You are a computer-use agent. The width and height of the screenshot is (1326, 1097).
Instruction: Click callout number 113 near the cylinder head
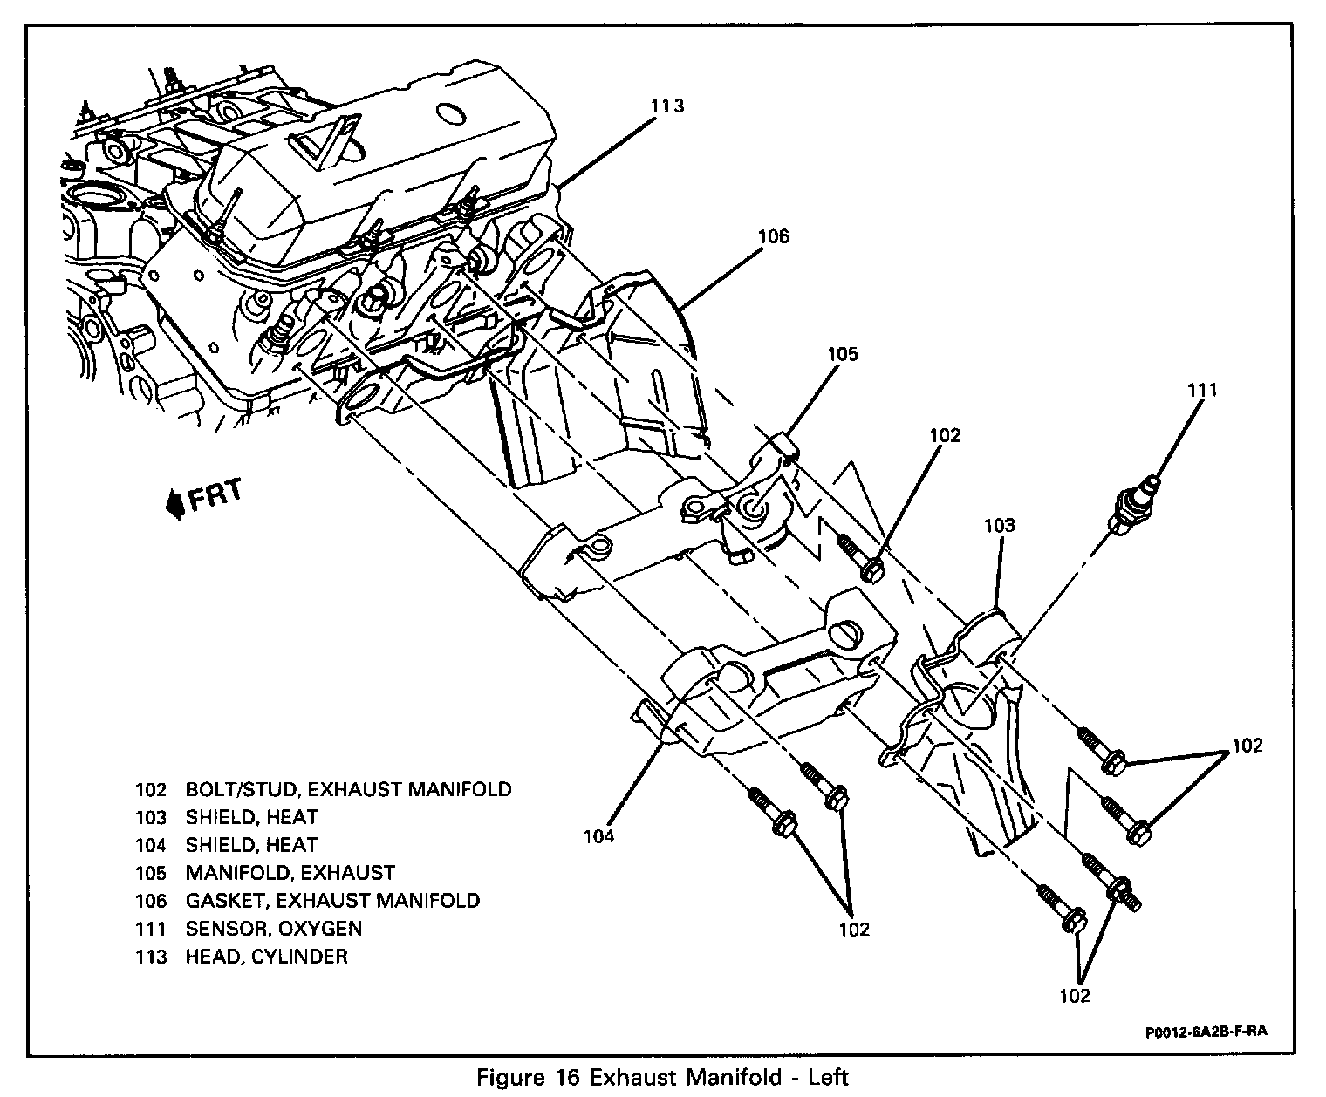coord(667,106)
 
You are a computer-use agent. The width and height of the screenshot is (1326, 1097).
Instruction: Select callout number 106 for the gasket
coord(773,236)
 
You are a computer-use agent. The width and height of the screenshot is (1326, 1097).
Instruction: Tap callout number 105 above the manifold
coord(843,354)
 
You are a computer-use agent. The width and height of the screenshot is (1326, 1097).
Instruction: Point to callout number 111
coord(1201,390)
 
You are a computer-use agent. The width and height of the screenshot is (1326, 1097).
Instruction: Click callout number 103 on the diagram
coord(1000,525)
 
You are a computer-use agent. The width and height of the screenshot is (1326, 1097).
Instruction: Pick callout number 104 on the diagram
coord(599,836)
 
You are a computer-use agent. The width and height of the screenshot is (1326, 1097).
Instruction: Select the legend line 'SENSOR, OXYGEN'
coord(273,929)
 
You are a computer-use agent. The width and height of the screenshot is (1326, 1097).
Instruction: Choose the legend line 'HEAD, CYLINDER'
coord(266,957)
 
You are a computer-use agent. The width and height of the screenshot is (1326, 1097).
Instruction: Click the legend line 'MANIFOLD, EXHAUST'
coord(290,873)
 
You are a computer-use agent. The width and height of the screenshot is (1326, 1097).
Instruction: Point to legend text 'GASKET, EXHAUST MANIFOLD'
coord(331,901)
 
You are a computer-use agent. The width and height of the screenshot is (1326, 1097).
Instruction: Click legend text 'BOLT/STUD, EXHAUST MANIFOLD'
coord(348,789)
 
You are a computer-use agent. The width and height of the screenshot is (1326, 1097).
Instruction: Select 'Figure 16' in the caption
coord(530,1078)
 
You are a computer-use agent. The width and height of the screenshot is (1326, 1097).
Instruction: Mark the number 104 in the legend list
coord(151,845)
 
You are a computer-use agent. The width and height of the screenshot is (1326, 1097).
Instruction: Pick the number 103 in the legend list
coord(151,817)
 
